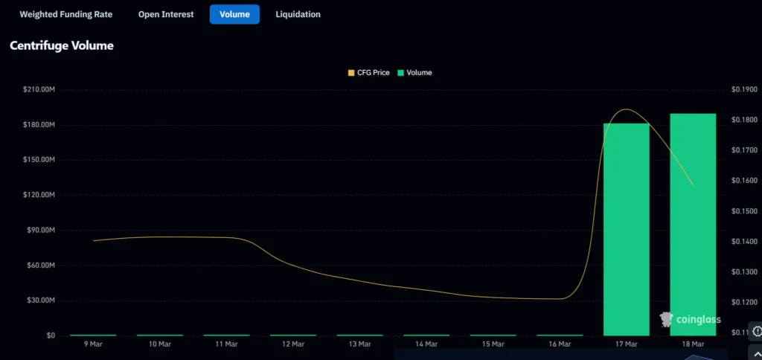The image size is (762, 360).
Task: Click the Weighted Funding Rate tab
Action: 65,14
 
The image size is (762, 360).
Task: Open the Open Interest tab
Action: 166,14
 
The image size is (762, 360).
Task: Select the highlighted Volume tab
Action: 234,14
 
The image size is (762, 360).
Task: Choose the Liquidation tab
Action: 298,14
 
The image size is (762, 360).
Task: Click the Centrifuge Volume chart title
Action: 62,46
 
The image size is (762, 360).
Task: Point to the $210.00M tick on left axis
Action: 39,89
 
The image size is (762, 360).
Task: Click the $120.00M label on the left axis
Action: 39,195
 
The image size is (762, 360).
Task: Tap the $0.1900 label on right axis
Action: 745,89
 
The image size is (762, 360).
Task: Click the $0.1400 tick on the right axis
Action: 745,242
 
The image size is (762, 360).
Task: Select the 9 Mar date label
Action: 93,344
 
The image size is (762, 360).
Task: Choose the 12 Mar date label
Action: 293,344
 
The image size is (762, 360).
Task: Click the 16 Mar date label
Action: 560,344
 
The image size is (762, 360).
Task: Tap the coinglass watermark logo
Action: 691,320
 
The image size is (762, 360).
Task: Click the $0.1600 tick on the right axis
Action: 745,181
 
